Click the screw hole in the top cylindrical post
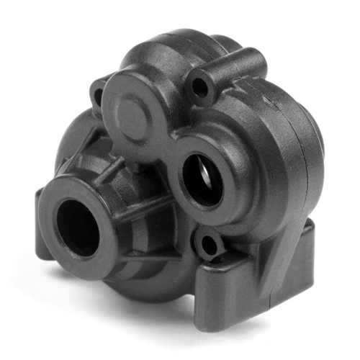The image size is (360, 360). tap(200, 88)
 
